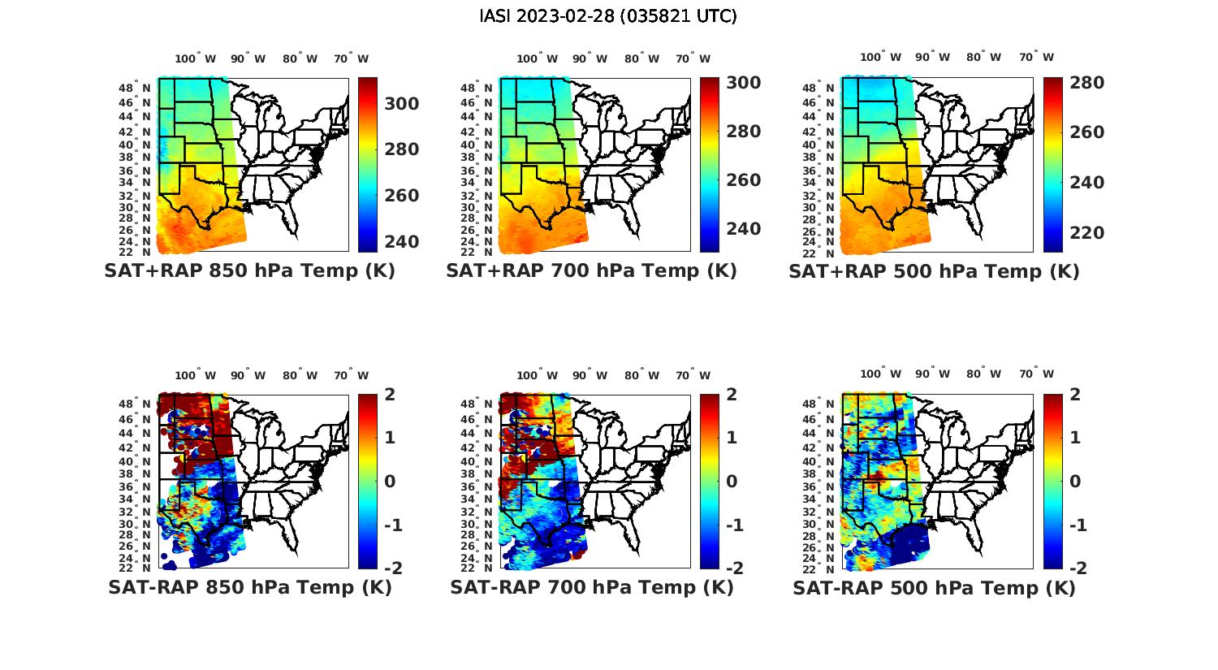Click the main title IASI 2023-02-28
point(608,16)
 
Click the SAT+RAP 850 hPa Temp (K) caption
point(249,271)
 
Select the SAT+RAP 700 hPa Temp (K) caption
point(591,271)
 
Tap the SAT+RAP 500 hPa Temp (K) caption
point(934,271)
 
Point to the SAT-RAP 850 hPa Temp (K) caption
point(249,587)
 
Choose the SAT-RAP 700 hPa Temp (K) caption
point(591,587)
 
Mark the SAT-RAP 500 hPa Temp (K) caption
point(934,587)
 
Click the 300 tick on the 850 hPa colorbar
point(402,104)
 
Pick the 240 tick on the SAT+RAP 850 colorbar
point(402,242)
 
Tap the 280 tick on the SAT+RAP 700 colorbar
point(744,132)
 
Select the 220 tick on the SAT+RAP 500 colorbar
point(1086,233)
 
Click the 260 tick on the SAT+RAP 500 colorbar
point(1086,132)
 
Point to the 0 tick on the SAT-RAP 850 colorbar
point(390,482)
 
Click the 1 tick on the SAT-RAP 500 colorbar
point(1075,438)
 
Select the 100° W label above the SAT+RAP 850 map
point(195,58)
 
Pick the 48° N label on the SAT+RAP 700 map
point(477,88)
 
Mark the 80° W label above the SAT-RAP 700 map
point(638,375)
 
